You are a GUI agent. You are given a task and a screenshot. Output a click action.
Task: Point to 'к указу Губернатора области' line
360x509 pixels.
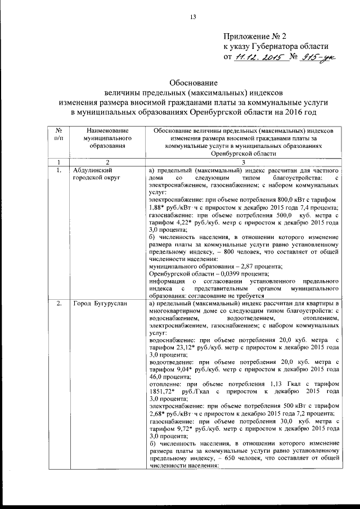tap(276, 46)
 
